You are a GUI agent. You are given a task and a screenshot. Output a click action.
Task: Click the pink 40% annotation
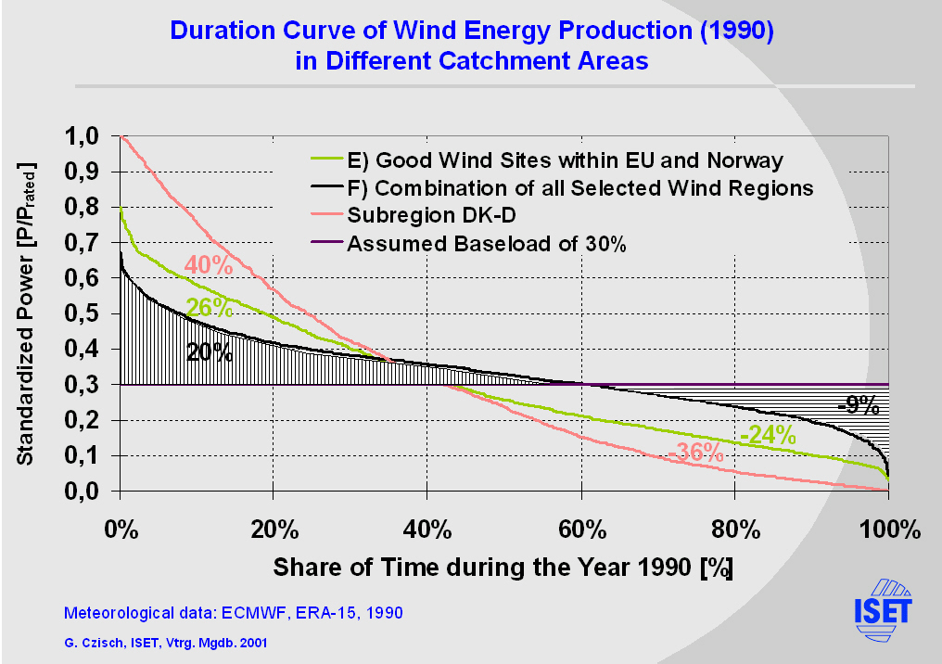click(208, 264)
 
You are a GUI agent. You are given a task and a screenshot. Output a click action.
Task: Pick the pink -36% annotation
click(694, 453)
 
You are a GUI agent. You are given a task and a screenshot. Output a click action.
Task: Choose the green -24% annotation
click(768, 434)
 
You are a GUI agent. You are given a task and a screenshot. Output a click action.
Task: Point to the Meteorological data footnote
click(233, 613)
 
